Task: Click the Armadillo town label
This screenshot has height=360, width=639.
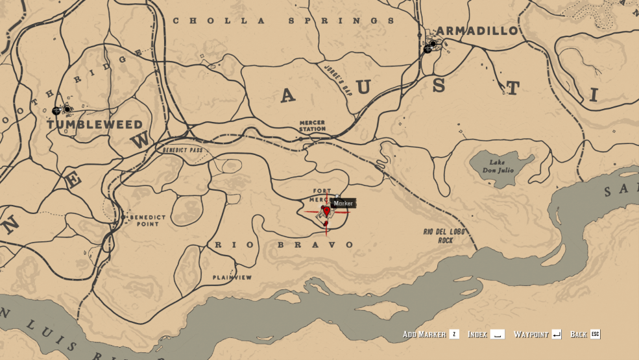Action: [477, 30]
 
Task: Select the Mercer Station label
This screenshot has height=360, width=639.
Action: [312, 125]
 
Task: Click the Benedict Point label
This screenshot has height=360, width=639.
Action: [149, 220]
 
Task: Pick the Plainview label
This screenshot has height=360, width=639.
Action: [232, 277]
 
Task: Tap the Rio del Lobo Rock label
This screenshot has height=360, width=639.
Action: [438, 235]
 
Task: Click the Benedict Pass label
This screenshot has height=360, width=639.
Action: [182, 150]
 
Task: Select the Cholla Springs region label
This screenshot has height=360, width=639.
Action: [283, 21]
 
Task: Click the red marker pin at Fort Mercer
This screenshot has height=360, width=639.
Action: [326, 211]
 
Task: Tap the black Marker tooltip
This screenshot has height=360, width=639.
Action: [343, 203]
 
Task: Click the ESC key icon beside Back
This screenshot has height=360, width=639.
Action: [596, 334]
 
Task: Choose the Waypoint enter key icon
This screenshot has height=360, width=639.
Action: [557, 334]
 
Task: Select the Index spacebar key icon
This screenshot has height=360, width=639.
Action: [497, 334]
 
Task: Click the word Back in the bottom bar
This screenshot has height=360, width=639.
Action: [579, 334]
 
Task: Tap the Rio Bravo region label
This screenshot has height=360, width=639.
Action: [284, 245]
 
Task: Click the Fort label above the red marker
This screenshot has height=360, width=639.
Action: [322, 191]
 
